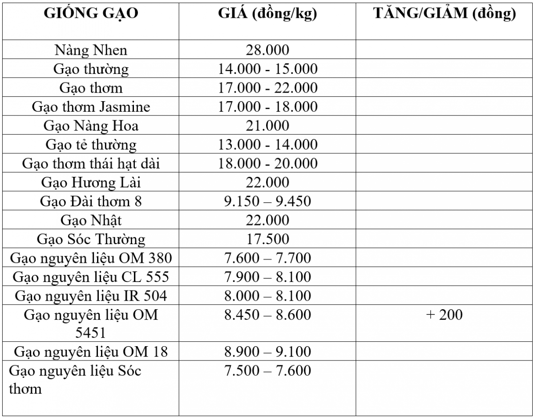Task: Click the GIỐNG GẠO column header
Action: click(x=91, y=15)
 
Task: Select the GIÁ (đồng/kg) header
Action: click(x=267, y=15)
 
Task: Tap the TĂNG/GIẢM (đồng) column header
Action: click(x=445, y=15)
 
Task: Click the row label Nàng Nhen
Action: click(x=91, y=50)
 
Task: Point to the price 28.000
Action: click(x=267, y=50)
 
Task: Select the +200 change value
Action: click(x=445, y=315)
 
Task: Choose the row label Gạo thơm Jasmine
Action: click(x=91, y=107)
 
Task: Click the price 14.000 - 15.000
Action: click(x=267, y=69)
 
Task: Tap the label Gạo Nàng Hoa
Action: click(x=91, y=126)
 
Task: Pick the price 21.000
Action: click(x=267, y=126)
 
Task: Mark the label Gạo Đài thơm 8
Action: click(x=91, y=201)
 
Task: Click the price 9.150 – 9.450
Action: click(x=267, y=201)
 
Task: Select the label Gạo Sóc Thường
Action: click(x=91, y=239)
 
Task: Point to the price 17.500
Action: click(x=267, y=239)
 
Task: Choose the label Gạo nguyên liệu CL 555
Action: click(x=91, y=277)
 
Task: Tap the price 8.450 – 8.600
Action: click(x=267, y=315)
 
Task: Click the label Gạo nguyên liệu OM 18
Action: click(x=91, y=352)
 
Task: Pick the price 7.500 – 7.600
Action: click(x=267, y=371)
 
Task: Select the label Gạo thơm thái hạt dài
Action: click(x=91, y=164)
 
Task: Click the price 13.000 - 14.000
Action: click(x=267, y=145)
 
